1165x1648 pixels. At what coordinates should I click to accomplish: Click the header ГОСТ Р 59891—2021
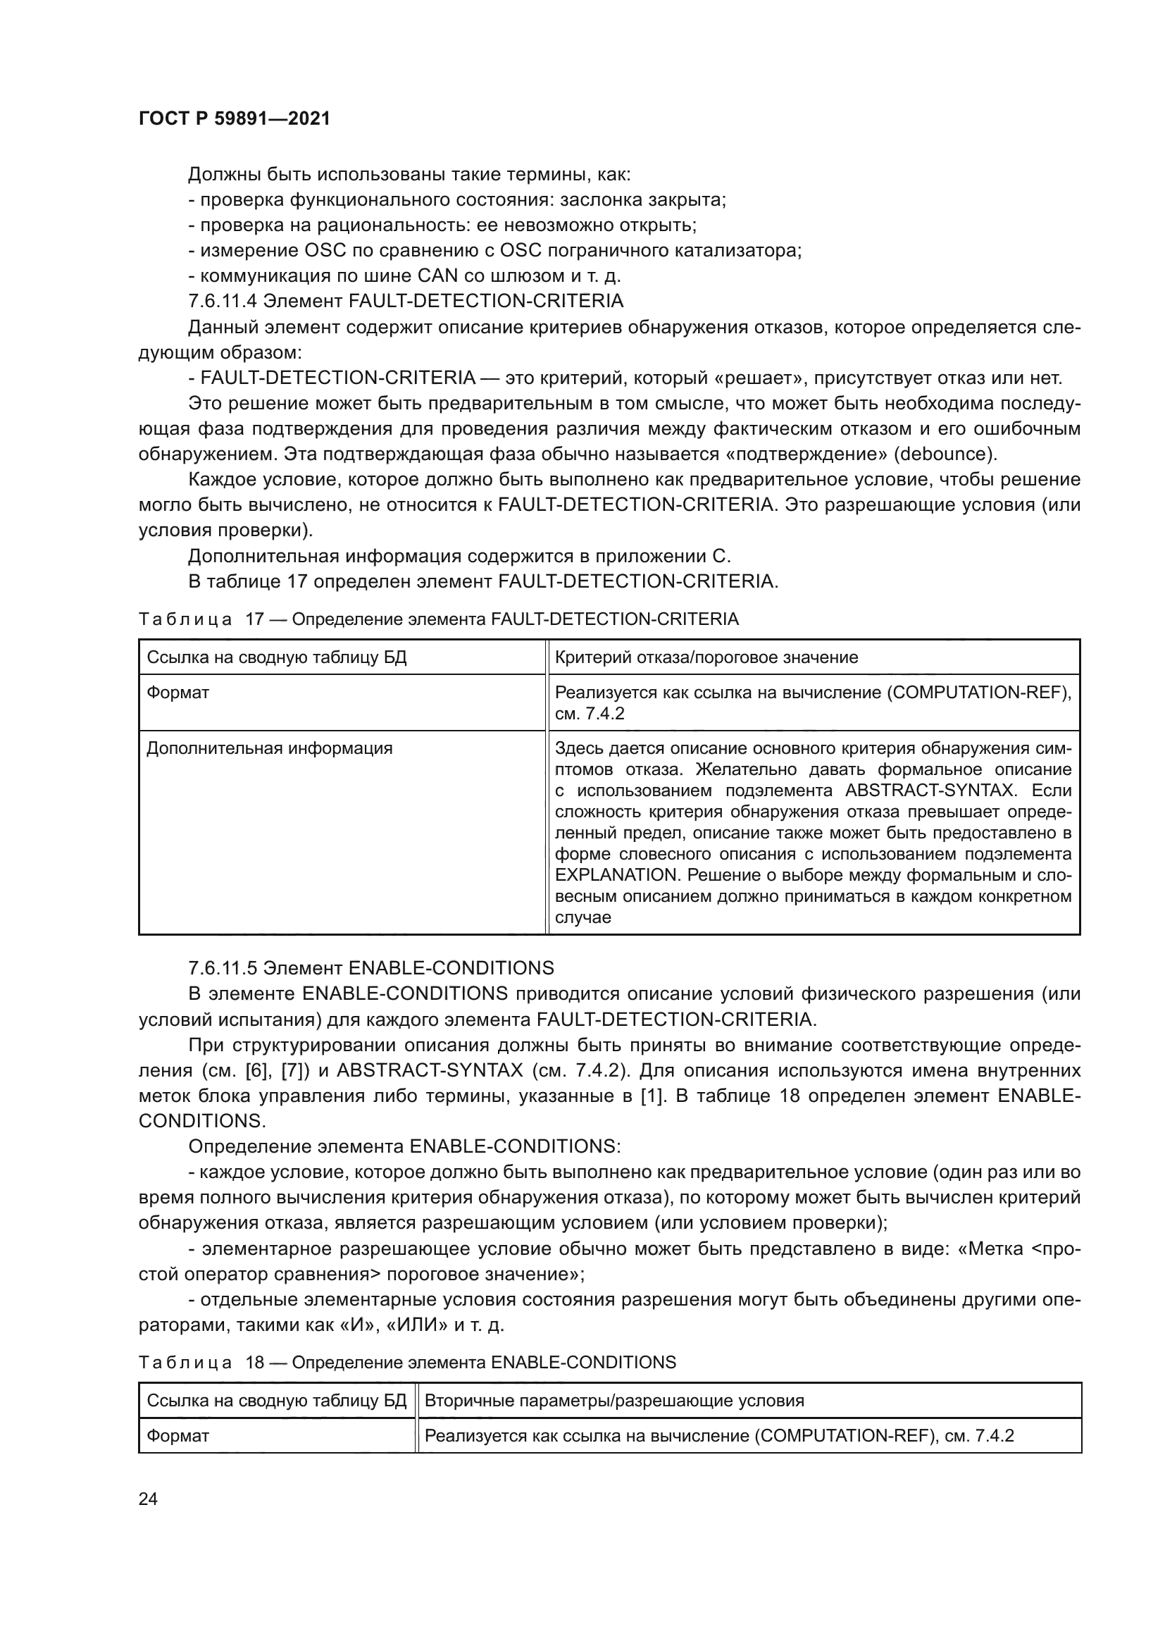click(x=234, y=118)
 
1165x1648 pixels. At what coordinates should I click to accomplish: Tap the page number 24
click(x=148, y=1499)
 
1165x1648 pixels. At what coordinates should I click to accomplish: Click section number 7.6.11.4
click(x=223, y=301)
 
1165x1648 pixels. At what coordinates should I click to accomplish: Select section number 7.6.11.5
click(x=223, y=968)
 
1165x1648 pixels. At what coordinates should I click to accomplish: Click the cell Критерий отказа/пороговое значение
click(x=706, y=657)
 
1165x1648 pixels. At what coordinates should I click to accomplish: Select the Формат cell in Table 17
click(x=178, y=693)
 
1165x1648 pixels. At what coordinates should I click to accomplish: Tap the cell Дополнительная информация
click(x=269, y=749)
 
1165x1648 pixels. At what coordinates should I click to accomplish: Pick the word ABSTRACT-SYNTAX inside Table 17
click(x=930, y=791)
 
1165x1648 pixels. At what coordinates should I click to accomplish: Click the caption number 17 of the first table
click(x=256, y=619)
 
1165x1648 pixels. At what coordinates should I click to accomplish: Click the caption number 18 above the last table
click(x=256, y=1363)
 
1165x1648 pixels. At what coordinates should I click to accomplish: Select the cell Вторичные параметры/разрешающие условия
click(x=614, y=1401)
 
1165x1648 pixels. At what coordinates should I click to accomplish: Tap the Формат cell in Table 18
click(x=178, y=1435)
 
